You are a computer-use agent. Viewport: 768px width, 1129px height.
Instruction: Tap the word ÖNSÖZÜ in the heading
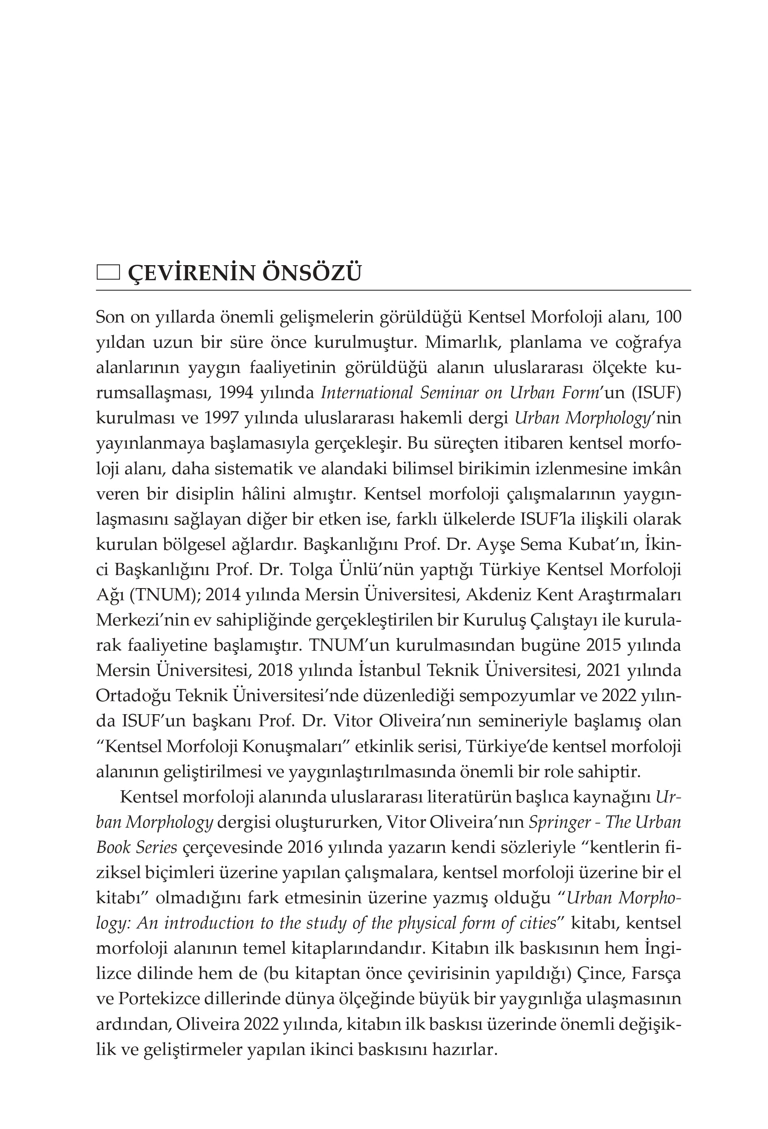312,273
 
